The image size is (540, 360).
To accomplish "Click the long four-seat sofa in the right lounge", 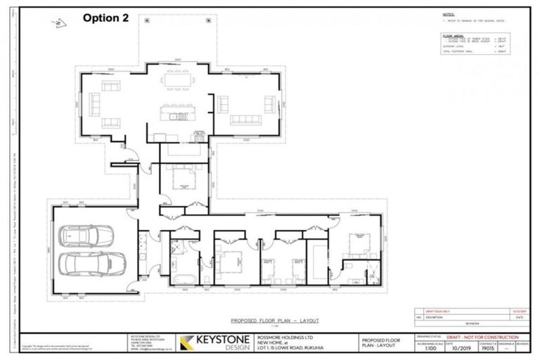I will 247,118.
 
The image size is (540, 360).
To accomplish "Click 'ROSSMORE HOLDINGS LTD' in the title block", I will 295,335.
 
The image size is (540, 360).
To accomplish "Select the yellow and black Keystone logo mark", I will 188,342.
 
